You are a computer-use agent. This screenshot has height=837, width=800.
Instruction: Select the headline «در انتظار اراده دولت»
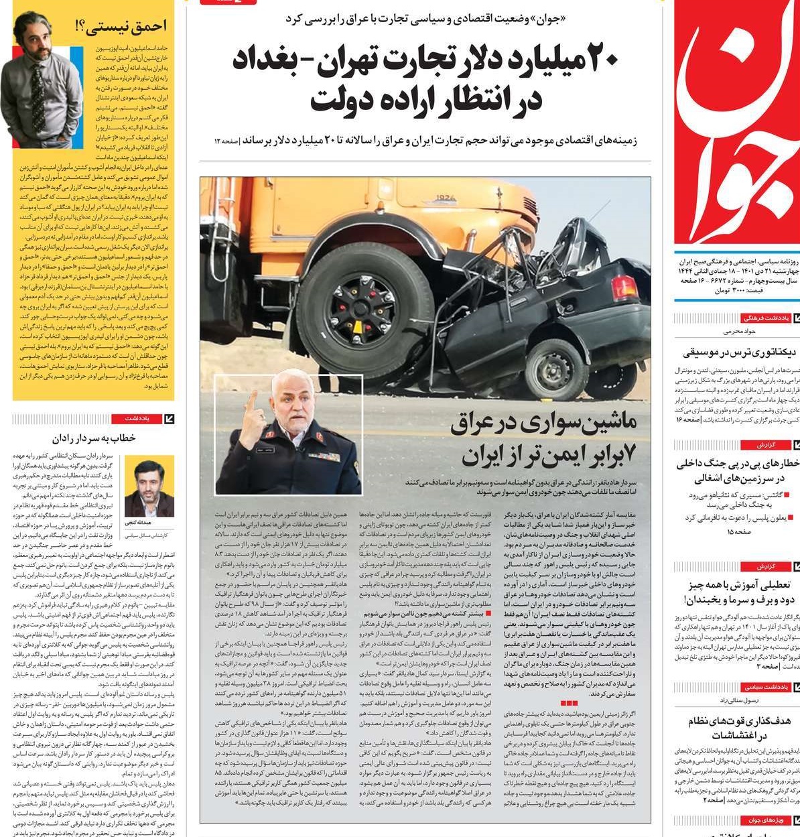[425, 99]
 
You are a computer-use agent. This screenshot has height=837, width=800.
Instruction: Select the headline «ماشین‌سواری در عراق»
[543, 424]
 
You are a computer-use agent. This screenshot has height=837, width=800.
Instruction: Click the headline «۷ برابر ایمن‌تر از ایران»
[549, 455]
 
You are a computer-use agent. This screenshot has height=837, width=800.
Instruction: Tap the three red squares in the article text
[568, 703]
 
